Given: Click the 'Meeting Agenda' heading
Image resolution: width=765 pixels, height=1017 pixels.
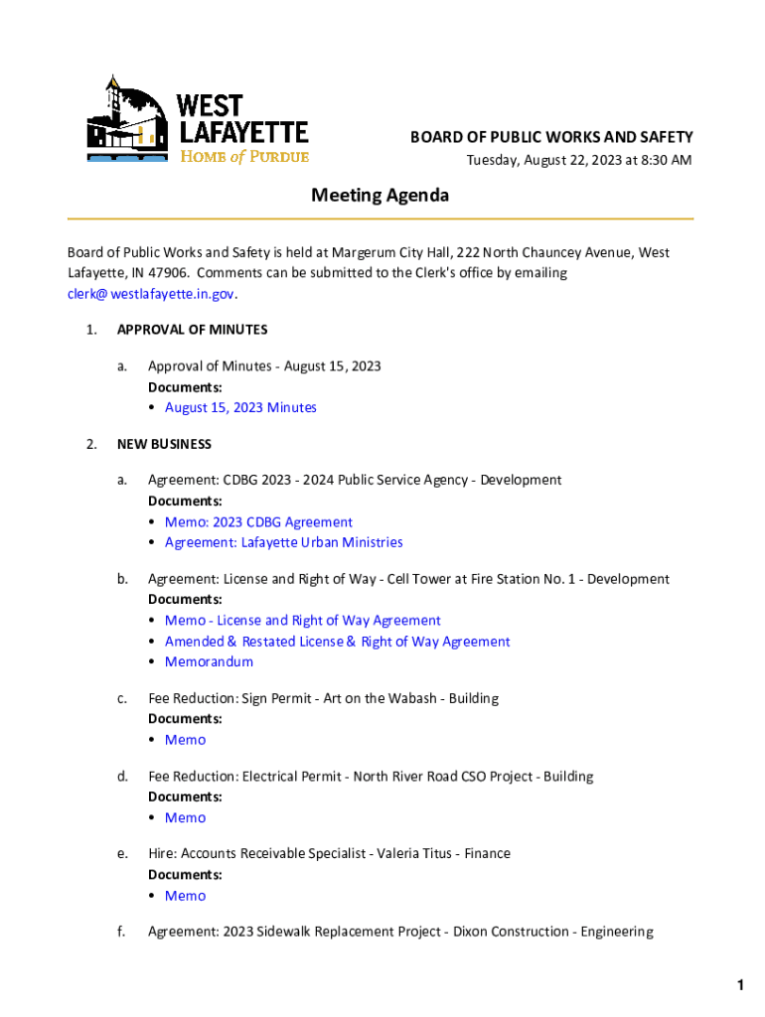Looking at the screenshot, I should point(380,196).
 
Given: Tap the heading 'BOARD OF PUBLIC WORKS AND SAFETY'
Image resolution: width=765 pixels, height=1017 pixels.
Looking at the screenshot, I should point(551,137).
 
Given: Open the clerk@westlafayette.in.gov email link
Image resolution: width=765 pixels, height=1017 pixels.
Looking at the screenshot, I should point(152,294).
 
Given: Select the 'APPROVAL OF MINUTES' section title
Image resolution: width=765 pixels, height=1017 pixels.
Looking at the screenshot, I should point(192,330).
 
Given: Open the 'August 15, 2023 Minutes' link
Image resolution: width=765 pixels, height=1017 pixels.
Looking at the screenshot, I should point(240,408).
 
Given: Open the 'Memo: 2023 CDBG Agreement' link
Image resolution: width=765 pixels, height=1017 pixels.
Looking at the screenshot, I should point(258,522).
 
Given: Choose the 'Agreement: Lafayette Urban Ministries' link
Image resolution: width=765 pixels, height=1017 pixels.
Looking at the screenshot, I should point(283,542).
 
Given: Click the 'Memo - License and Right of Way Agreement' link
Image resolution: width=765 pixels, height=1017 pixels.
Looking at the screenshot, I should point(302,621).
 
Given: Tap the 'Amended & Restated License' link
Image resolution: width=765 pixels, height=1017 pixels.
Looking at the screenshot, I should point(337,642).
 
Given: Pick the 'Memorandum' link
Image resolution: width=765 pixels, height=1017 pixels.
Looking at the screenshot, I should point(209,661).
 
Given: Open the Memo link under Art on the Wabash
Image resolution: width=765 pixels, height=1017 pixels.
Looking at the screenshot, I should point(185,740).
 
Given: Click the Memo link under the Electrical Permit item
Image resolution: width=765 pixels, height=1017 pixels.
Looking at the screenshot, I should point(185,817).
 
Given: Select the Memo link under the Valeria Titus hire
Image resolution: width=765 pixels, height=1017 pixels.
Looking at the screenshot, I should point(185,896).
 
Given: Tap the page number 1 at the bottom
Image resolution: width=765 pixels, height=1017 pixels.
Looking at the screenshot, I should point(740,985).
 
